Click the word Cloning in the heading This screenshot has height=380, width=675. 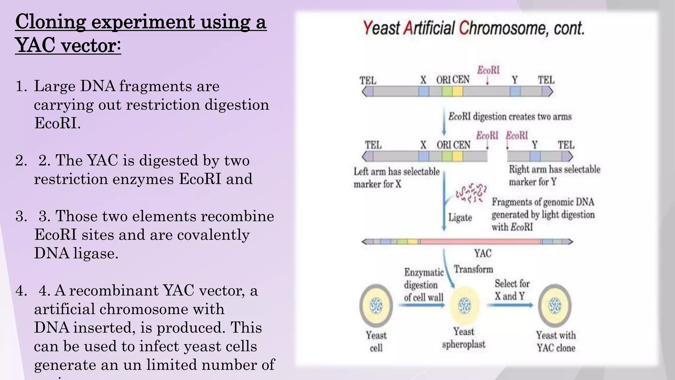50,22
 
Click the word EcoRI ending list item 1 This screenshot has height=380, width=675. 57,123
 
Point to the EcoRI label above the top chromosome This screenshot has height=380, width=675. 488,70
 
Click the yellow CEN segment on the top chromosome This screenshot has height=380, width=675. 457,91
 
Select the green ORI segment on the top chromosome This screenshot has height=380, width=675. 447,91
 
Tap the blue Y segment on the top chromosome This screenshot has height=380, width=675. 515,91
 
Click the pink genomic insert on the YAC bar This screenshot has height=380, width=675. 480,242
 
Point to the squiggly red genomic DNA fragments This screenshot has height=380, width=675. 470,193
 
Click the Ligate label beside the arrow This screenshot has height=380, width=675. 460,218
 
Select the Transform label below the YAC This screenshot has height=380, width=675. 473,269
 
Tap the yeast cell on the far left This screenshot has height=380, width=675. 376,305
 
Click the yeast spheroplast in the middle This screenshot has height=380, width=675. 464,306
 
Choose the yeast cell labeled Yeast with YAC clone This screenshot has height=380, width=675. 555,305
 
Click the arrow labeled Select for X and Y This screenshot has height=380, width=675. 510,305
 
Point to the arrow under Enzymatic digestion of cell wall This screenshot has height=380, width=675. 422,305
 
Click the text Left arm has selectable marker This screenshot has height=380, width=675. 396,172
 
